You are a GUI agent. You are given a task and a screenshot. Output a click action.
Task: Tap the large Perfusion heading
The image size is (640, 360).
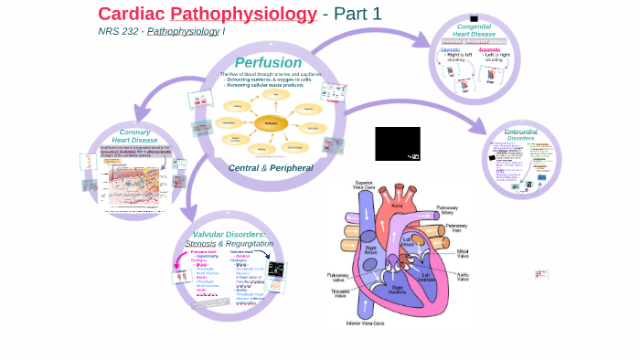click(268, 62)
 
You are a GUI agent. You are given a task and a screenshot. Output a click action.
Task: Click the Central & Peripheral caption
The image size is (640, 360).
click(270, 168)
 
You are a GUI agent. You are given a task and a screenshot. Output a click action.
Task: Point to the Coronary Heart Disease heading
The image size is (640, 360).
click(134, 136)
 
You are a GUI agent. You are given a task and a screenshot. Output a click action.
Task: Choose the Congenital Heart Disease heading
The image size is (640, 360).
click(474, 30)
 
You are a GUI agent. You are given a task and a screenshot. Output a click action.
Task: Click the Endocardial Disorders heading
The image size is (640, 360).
click(520, 134)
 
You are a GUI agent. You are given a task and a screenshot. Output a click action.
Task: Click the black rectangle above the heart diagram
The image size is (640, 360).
click(397, 143)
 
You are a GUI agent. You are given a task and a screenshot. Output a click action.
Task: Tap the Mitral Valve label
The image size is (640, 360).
click(462, 252)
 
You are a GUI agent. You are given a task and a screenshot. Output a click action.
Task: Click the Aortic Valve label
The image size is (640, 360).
click(462, 273)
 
